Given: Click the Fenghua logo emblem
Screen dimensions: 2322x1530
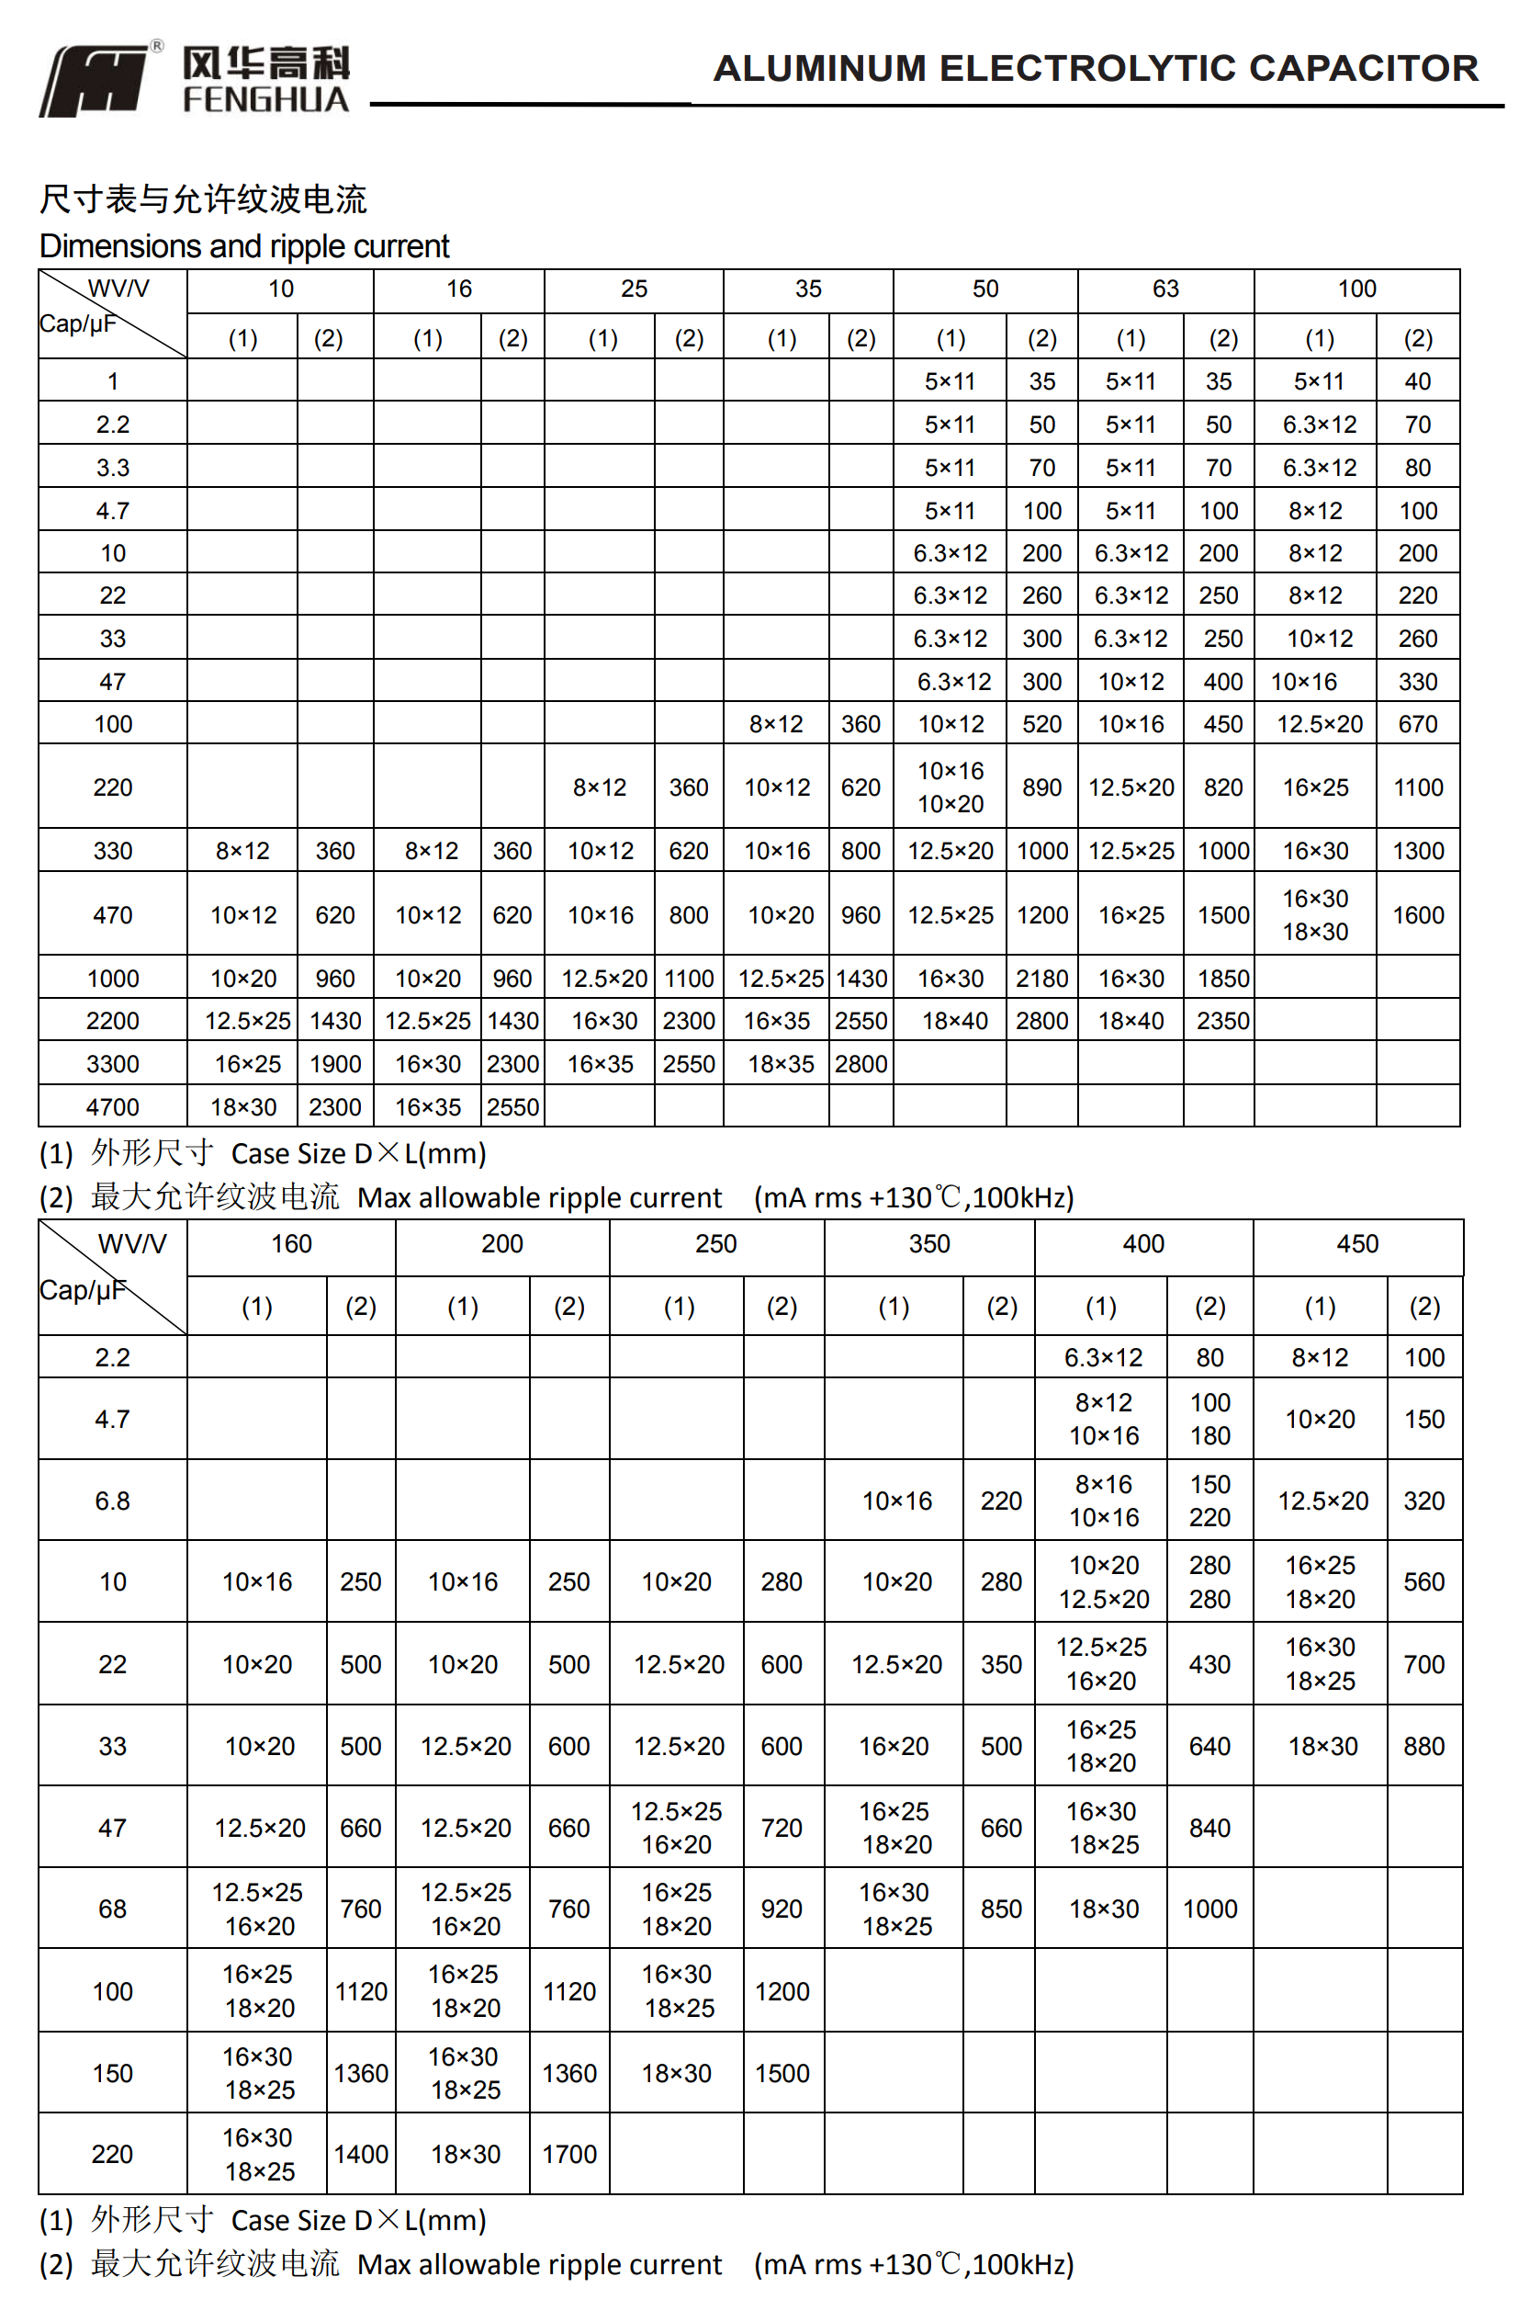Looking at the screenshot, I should tap(96, 80).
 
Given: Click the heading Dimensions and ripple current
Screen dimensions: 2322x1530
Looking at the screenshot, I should tap(244, 246).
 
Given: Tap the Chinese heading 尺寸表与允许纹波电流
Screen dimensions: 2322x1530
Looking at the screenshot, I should tap(203, 199).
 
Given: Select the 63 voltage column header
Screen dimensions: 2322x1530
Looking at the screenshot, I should tap(1165, 289).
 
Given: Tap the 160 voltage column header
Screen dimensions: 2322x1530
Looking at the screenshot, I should tap(291, 1243).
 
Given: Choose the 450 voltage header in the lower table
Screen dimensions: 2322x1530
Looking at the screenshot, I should tap(1356, 1243).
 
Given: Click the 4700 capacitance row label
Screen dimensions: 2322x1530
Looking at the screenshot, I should tap(112, 1107).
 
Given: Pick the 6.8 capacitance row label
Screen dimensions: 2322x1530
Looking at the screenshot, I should tap(112, 1501).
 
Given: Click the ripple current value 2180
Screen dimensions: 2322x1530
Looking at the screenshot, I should tap(1041, 978).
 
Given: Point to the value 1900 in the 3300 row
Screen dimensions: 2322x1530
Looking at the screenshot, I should tap(334, 1064).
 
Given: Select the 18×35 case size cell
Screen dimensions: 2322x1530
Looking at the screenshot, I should tap(781, 1064).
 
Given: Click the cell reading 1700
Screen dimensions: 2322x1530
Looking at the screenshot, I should tap(568, 2154).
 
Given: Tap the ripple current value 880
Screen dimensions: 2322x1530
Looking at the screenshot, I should tap(1423, 1746).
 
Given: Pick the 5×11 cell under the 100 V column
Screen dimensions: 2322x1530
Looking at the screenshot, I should tap(1318, 381).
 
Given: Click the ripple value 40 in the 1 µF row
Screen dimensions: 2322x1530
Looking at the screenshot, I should tap(1417, 381).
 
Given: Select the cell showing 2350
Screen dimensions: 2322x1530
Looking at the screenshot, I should tap(1222, 1021).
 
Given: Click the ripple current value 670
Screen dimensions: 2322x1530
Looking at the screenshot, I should tap(1417, 724).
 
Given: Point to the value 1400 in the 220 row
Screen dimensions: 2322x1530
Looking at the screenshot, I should tap(360, 2154).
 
